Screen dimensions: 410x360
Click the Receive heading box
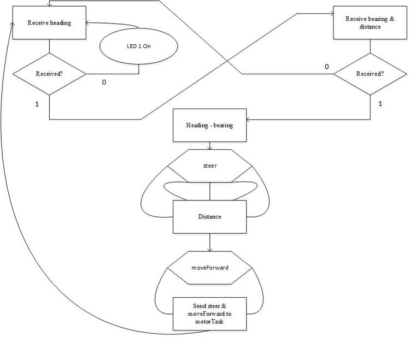coord(49,23)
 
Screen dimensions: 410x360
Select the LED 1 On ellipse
coord(139,46)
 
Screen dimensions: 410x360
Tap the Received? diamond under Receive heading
coord(49,74)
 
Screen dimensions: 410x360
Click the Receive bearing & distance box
coord(370,23)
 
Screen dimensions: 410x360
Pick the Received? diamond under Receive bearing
coord(370,74)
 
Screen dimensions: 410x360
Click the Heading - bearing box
coord(209,126)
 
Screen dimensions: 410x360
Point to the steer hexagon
coord(210,166)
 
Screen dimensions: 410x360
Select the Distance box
coord(209,217)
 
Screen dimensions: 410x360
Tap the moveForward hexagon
coord(210,268)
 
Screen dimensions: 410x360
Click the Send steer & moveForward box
coord(209,314)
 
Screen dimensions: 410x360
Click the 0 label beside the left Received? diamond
coord(104,82)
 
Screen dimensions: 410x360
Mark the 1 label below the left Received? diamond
coord(37,104)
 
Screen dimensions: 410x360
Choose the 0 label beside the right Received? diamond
coord(326,67)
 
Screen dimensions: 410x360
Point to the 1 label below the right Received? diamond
coord(380,104)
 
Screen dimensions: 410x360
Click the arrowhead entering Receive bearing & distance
coord(332,14)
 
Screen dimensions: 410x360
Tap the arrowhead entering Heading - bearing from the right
coord(248,120)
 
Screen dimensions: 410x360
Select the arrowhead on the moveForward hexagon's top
coord(210,250)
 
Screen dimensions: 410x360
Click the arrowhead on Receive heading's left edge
coord(12,24)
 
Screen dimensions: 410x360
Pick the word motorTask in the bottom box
coord(209,322)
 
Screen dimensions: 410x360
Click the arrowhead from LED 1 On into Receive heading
coord(88,23)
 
